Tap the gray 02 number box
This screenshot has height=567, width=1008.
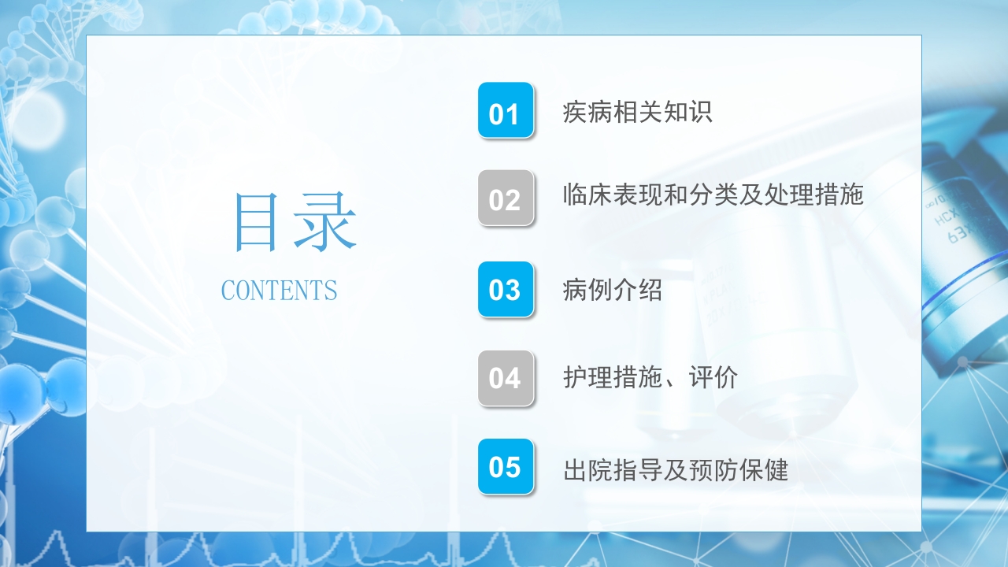[x=506, y=198]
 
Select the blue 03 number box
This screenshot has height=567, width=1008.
[x=506, y=290]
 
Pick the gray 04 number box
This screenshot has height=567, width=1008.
[x=506, y=378]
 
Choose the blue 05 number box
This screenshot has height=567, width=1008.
[x=506, y=467]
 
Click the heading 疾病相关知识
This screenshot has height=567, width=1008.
[x=637, y=112]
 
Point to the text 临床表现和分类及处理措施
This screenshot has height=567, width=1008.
[x=713, y=195]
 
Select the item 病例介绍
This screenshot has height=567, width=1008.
[x=612, y=291]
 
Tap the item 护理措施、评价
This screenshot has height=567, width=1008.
[x=650, y=378]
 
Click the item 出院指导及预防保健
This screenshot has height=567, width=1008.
[x=675, y=470]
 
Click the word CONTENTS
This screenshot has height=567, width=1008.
[x=279, y=291]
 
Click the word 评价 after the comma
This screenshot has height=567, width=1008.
[x=713, y=378]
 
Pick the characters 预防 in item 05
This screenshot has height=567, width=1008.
[x=713, y=470]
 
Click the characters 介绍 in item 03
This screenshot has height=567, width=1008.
[x=637, y=291]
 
